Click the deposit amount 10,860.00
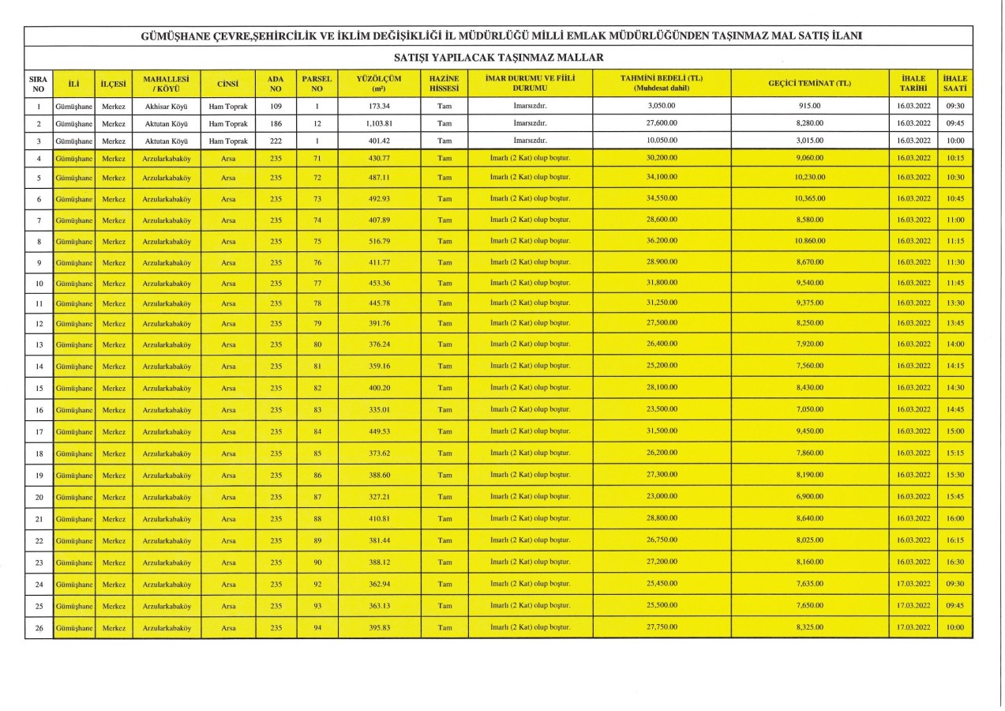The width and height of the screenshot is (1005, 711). (x=809, y=240)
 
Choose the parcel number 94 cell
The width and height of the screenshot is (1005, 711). (x=317, y=627)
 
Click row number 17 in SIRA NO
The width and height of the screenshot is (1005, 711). (x=39, y=432)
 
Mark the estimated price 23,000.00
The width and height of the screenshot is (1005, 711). (x=662, y=496)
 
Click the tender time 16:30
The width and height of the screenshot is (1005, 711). (x=954, y=562)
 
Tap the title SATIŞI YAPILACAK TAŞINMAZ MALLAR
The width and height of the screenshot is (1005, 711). (x=498, y=58)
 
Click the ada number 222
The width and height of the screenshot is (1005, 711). (x=275, y=140)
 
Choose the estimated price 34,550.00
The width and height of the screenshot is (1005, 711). (x=662, y=198)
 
